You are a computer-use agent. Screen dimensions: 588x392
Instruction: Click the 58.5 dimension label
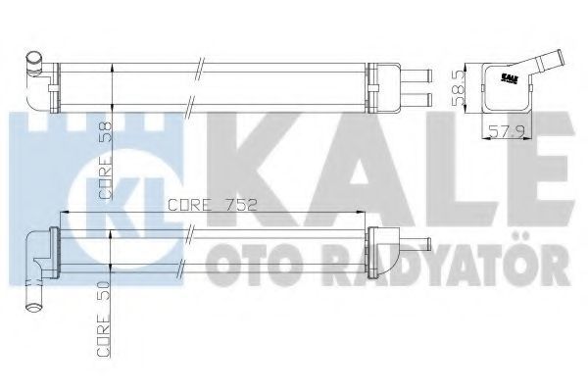click(x=459, y=88)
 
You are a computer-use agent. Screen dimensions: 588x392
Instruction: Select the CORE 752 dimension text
click(x=213, y=205)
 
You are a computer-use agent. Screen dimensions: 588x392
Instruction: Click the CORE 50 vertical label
click(x=104, y=318)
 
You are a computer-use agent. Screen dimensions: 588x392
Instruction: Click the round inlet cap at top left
click(x=34, y=60)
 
